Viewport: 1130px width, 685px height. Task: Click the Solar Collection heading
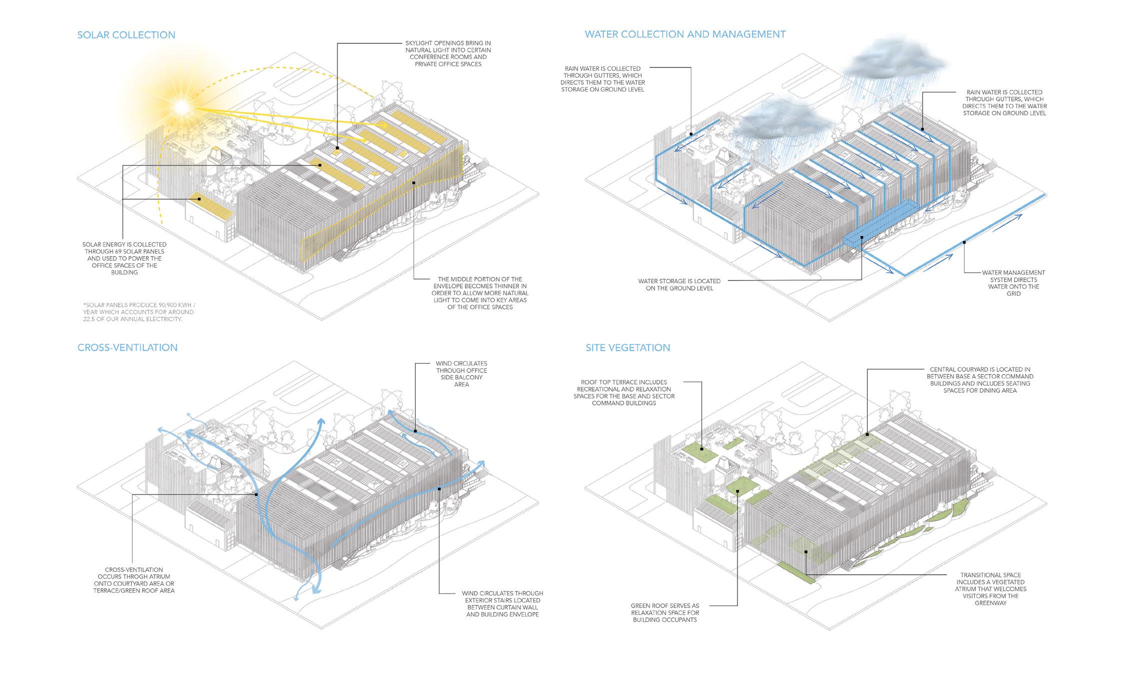pos(126,35)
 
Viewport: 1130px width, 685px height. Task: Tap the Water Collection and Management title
pos(685,34)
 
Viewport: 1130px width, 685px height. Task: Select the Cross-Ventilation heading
pos(127,347)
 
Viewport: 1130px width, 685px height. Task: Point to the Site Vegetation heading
pos(627,347)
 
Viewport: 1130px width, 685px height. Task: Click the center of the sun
pos(180,106)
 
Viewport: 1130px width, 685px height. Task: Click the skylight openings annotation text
pos(447,53)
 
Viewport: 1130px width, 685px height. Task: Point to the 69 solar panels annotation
pos(124,258)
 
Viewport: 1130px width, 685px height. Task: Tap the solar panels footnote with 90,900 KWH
pos(139,311)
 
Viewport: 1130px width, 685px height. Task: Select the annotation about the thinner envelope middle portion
pos(482,293)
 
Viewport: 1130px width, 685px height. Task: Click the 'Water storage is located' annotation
pos(679,284)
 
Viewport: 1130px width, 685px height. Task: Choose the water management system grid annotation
pos(1013,283)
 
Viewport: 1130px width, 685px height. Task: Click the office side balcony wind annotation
pos(461,374)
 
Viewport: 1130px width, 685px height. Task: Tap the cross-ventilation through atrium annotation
pos(133,580)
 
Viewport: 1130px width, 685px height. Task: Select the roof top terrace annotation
pos(624,392)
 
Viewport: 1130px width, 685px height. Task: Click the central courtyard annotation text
pos(979,380)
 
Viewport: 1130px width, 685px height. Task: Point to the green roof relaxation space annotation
pos(664,612)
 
